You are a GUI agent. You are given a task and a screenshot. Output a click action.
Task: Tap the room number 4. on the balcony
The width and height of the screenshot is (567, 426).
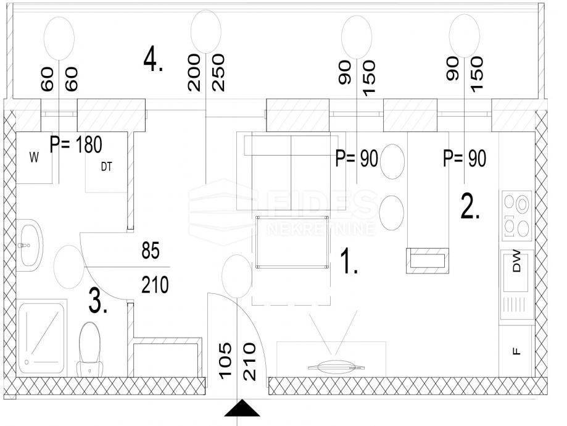tap(153, 60)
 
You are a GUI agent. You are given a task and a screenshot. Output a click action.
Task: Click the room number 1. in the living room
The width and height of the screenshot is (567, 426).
tap(349, 261)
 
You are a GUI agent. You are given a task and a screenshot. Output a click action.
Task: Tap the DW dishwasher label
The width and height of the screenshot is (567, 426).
tap(517, 261)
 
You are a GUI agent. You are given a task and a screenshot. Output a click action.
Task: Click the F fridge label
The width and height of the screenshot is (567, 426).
tap(517, 351)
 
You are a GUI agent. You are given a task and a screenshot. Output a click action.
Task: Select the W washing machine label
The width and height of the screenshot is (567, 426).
tap(34, 158)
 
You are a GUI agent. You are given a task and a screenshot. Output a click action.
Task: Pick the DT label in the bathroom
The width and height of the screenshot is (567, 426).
tap(106, 167)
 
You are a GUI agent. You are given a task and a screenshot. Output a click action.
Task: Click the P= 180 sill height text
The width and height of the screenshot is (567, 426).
tap(76, 144)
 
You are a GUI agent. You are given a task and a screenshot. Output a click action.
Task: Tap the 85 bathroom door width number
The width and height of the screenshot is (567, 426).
tap(151, 250)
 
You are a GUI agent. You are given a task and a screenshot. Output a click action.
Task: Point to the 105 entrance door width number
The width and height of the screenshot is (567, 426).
tap(225, 361)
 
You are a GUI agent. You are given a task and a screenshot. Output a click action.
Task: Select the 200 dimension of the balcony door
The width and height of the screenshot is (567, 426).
tap(194, 72)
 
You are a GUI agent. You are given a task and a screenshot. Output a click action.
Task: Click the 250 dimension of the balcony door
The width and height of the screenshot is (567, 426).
tap(218, 72)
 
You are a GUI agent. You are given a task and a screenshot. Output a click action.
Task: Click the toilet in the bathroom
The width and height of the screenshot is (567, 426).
tap(89, 349)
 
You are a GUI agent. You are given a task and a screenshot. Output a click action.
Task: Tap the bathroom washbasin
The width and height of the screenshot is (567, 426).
tap(30, 245)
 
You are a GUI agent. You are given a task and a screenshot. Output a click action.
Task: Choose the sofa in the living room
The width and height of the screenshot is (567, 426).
tap(291, 171)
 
